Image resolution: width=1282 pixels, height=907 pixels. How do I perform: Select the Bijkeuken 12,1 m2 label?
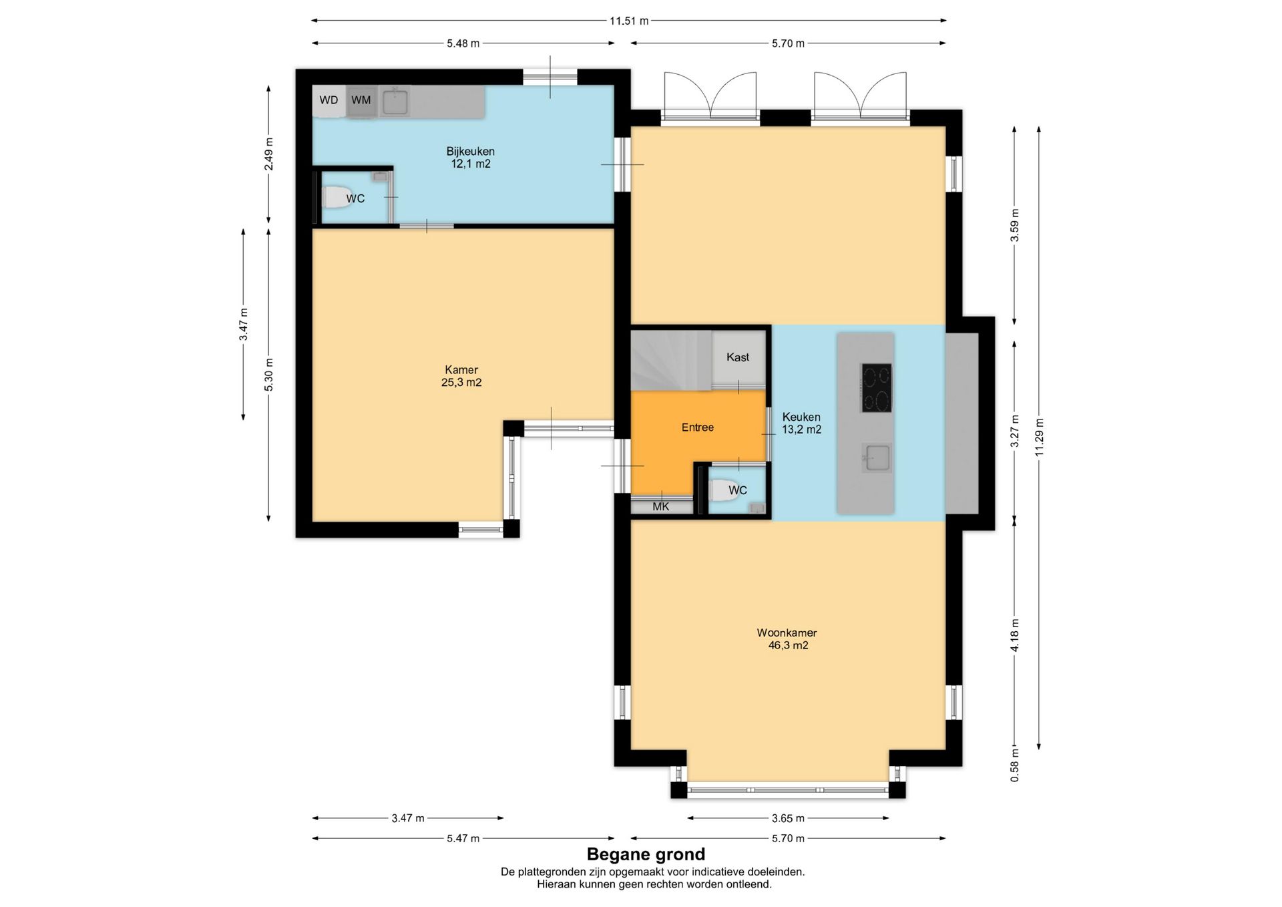[471, 158]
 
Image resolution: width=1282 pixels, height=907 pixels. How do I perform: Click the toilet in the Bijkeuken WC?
[338, 198]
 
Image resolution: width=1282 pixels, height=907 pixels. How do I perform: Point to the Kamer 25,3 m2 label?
[461, 376]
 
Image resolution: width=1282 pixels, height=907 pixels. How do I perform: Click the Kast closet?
[738, 358]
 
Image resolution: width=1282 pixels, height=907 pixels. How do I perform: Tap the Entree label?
[698, 427]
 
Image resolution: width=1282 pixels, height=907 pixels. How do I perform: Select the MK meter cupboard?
[662, 507]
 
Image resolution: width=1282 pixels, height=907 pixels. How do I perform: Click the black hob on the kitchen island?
[877, 388]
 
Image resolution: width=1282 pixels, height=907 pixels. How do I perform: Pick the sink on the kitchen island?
[877, 458]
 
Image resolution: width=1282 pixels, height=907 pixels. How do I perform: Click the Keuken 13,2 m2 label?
[801, 423]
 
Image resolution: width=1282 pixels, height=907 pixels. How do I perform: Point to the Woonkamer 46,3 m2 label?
[788, 639]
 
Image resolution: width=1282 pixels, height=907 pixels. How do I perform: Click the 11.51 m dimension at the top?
[629, 21]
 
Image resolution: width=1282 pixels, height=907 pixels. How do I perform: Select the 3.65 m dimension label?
[788, 818]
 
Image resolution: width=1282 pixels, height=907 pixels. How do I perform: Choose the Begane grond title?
[646, 854]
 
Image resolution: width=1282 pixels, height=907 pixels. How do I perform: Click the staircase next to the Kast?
[671, 360]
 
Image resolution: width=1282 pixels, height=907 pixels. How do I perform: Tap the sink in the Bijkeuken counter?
[396, 102]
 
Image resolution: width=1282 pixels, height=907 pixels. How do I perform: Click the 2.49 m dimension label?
[268, 154]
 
